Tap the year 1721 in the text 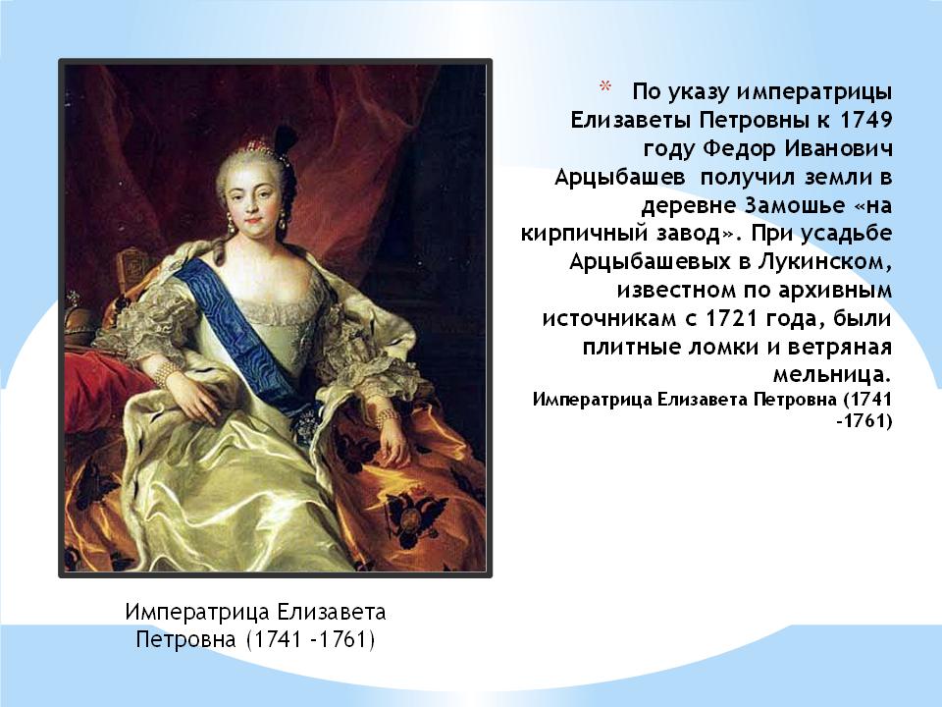pos(730,318)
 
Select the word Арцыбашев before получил pos(619,178)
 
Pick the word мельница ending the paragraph pos(831,375)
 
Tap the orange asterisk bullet pos(604,87)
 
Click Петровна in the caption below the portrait pos(186,638)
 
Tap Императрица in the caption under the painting pos(197,612)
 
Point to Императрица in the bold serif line pos(591,400)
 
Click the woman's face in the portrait pos(255,192)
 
